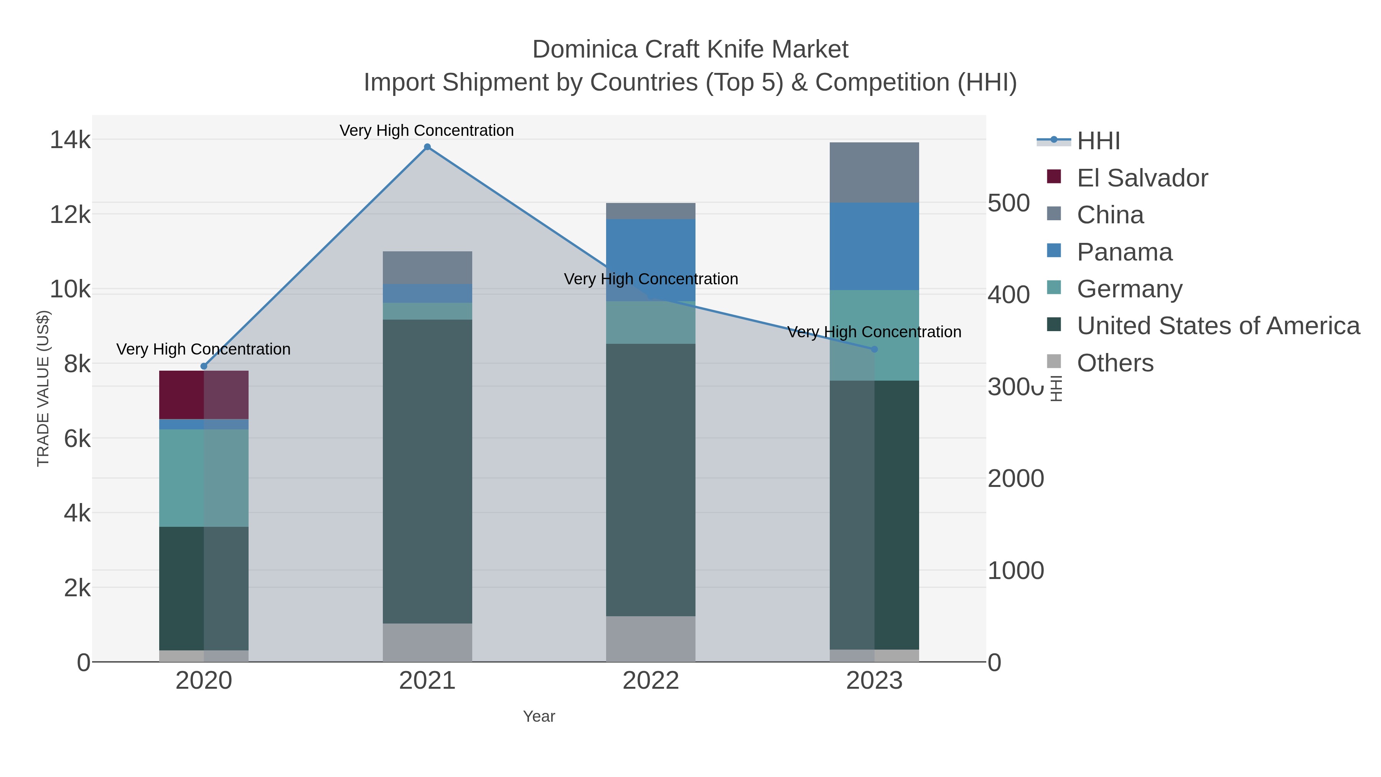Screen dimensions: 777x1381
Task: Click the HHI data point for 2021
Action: [x=427, y=147]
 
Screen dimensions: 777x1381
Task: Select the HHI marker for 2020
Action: [x=204, y=366]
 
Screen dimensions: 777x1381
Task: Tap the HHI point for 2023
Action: [x=874, y=349]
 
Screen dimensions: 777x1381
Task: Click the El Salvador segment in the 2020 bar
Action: [x=204, y=395]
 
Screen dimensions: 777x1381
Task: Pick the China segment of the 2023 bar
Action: [x=874, y=172]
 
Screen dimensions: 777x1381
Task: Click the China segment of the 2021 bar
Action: [x=427, y=267]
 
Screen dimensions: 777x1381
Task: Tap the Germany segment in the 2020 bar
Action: [x=204, y=478]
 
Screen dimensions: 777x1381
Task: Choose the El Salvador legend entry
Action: [x=1142, y=178]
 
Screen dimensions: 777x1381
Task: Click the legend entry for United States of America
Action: [x=1218, y=326]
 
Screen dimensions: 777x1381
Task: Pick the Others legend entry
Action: [x=1115, y=363]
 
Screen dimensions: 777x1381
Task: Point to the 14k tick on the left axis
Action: [x=70, y=140]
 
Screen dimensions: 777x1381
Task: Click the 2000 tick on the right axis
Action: [x=1016, y=478]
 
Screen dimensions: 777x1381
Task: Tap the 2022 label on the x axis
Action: [x=651, y=681]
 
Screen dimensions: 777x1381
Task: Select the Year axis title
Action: [x=539, y=716]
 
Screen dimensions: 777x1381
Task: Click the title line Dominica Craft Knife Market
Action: [x=690, y=49]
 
